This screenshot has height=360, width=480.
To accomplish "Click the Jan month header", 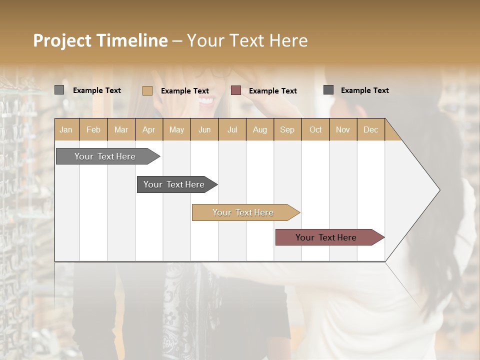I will pyautogui.click(x=66, y=129).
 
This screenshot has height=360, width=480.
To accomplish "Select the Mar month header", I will pyautogui.click(x=121, y=129).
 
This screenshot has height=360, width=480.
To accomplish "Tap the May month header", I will pyautogui.click(x=176, y=129).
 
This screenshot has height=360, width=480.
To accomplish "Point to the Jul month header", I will pyautogui.click(x=232, y=129).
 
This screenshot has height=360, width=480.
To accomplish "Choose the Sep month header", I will pyautogui.click(x=287, y=129).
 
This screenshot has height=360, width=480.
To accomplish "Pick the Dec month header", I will pyautogui.click(x=370, y=129).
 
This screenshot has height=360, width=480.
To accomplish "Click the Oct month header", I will pyautogui.click(x=315, y=129).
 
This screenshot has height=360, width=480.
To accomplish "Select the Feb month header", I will pyautogui.click(x=93, y=129).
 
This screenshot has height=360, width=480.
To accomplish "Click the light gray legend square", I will pyautogui.click(x=59, y=90).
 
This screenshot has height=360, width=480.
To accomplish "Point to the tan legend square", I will pyautogui.click(x=147, y=90).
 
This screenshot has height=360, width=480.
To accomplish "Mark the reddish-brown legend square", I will pyautogui.click(x=236, y=90).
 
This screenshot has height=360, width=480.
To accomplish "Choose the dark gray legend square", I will pyautogui.click(x=328, y=90).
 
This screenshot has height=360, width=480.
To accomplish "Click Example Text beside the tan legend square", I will pyautogui.click(x=185, y=90).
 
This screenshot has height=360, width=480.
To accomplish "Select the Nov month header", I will pyautogui.click(x=342, y=129).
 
